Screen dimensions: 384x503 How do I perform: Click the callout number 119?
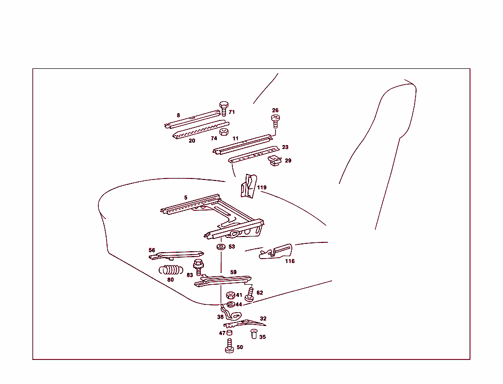pyautogui.click(x=262, y=187)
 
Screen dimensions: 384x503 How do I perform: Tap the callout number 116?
pyautogui.click(x=290, y=261)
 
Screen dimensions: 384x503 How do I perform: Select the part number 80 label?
pyautogui.click(x=170, y=280)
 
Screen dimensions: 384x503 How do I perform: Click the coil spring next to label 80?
pyautogui.click(x=170, y=270)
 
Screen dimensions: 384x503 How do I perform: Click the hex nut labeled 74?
pyautogui.click(x=223, y=132)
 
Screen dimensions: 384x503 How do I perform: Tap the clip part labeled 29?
pyautogui.click(x=275, y=160)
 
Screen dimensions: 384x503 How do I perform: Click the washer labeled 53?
pyautogui.click(x=221, y=246)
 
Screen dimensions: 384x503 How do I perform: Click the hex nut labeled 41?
pyautogui.click(x=230, y=295)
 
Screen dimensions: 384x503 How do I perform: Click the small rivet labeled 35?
pyautogui.click(x=254, y=335)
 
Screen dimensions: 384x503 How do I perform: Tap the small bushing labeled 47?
pyautogui.click(x=229, y=333)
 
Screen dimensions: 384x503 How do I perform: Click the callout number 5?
pyautogui.click(x=186, y=198)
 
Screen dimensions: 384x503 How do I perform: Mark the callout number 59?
pyautogui.click(x=233, y=272)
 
